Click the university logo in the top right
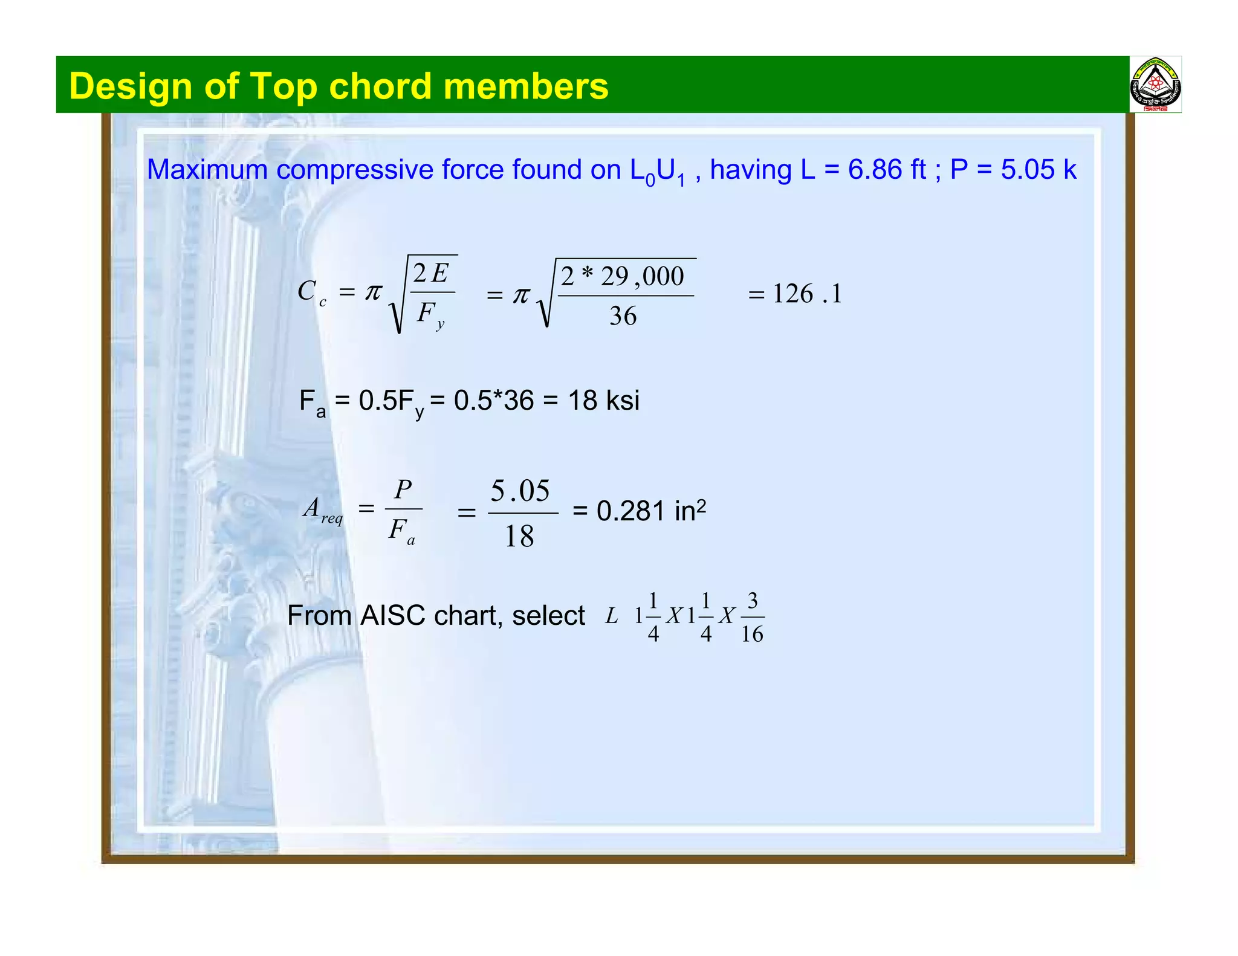coord(1155,85)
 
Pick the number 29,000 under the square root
coord(642,277)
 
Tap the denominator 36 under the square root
coord(623,316)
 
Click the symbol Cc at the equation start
coord(311,292)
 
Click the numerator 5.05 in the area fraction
coord(520,491)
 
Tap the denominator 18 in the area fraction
coord(519,536)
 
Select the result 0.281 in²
coord(650,511)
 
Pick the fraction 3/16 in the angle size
coord(753,618)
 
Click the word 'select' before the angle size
coord(548,616)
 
